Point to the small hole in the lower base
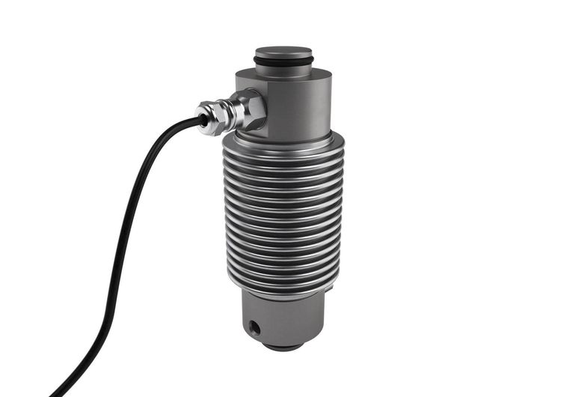[x=255, y=327]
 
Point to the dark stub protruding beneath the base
[x=283, y=346]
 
